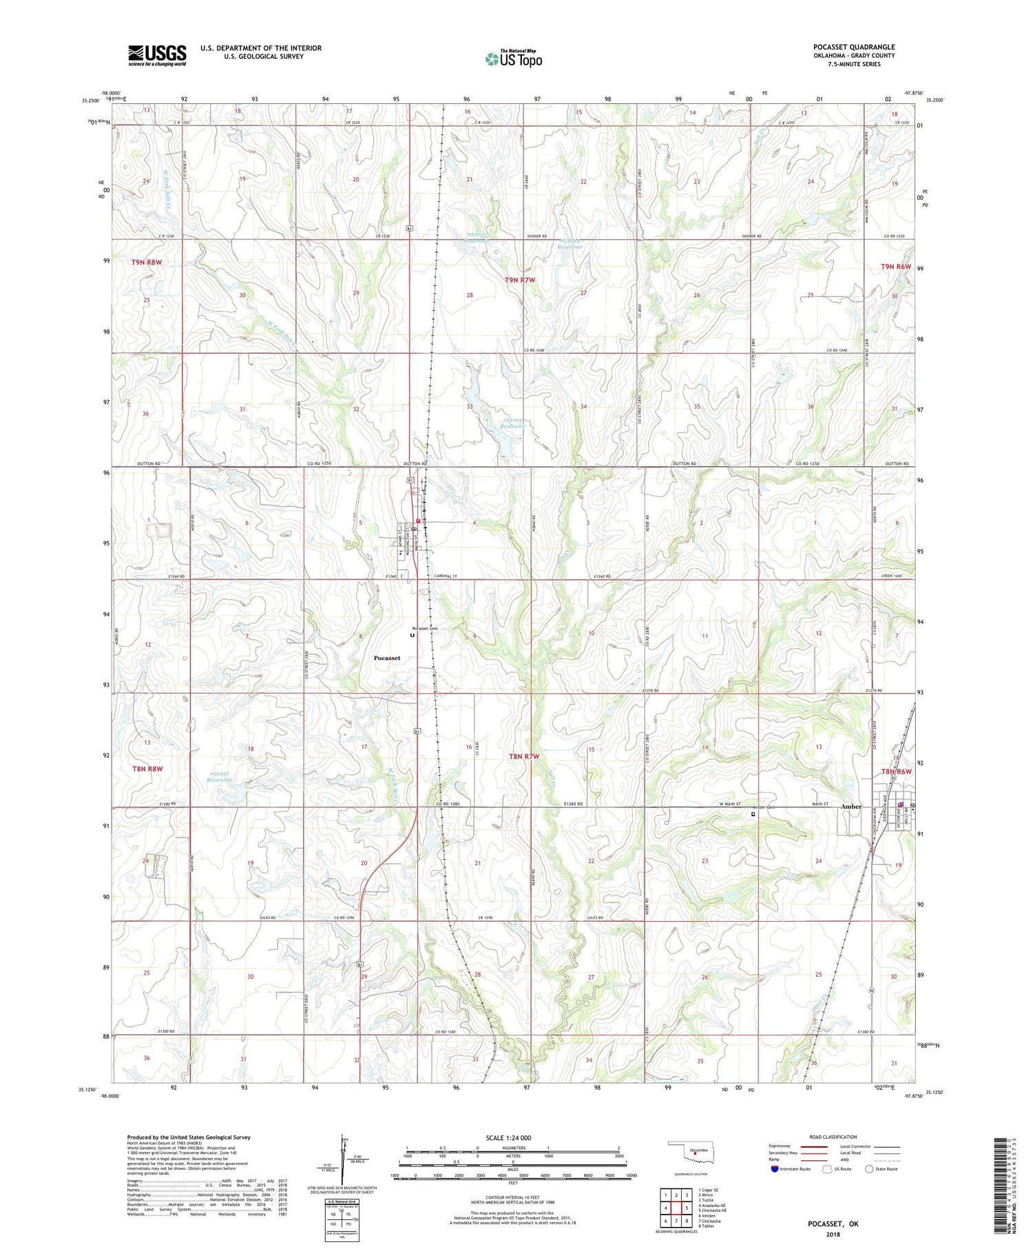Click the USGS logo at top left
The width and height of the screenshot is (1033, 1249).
[157, 55]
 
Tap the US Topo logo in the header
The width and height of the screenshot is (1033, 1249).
[514, 59]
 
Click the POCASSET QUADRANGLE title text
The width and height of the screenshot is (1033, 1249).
[854, 47]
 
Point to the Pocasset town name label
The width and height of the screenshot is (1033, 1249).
[386, 658]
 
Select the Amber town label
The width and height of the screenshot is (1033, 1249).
[851, 807]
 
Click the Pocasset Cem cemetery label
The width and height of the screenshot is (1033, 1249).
[424, 628]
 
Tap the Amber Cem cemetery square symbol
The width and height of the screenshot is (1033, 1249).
[753, 814]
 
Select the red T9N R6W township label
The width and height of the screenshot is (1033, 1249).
[895, 267]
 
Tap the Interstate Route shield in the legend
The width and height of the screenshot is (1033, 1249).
[774, 1168]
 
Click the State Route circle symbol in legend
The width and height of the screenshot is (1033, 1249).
[869, 1168]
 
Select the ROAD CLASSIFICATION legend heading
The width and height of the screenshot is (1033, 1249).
[833, 1137]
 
